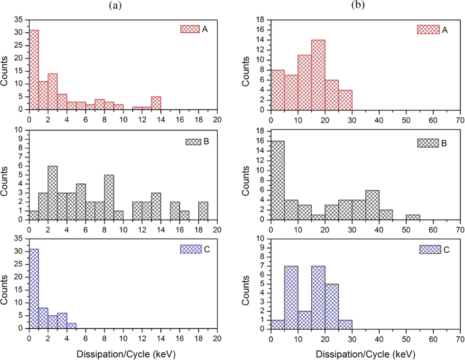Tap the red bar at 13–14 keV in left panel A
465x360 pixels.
pyautogui.click(x=156, y=103)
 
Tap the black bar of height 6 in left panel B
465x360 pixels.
pyautogui.click(x=53, y=193)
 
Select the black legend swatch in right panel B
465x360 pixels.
pyautogui.click(x=428, y=143)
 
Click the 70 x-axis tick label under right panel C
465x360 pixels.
pyautogui.click(x=460, y=339)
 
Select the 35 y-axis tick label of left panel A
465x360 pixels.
pyautogui.click(x=19, y=20)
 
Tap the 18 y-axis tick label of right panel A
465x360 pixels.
pyautogui.click(x=259, y=20)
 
